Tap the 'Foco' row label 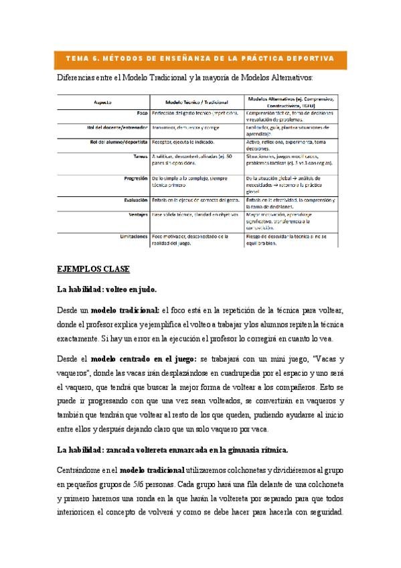click(x=141, y=114)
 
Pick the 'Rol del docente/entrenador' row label click(x=117, y=126)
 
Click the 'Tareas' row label click(x=139, y=156)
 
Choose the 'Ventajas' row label click(x=138, y=214)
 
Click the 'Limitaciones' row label click(x=134, y=236)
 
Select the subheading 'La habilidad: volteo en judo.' click(x=107, y=290)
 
